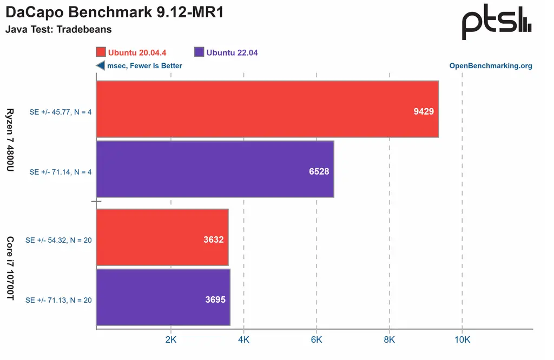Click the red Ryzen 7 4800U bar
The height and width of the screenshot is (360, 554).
pos(267,109)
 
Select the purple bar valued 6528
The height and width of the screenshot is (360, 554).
pos(215,169)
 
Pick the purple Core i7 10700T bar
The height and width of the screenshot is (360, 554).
pos(163,298)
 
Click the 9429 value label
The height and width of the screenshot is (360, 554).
pos(424,111)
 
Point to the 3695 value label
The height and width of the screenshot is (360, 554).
pos(215,299)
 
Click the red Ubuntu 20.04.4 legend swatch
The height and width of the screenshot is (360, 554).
pos(101,52)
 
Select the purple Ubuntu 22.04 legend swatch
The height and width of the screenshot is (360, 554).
pos(199,52)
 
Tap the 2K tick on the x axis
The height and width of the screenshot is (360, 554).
pos(171,340)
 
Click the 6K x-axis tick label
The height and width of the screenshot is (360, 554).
pos(316,340)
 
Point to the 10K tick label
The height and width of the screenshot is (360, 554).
pos(462,340)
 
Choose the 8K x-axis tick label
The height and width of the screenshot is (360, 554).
pos(390,340)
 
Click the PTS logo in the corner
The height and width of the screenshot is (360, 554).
pos(497,25)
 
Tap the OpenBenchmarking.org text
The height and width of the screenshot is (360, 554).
pos(491,66)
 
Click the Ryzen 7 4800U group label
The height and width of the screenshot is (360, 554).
pos(10,140)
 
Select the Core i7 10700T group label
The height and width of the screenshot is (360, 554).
pos(10,268)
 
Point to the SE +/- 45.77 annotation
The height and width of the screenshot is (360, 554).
pos(60,112)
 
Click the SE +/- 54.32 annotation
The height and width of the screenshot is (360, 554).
pos(58,240)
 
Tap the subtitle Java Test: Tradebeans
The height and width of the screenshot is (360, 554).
pos(58,30)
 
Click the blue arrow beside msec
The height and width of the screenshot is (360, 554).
pos(100,66)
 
